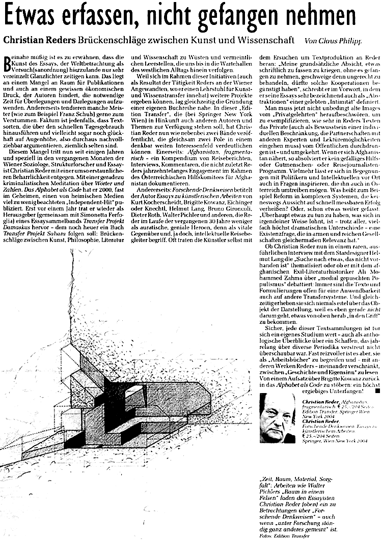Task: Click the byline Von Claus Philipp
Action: (334, 40)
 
